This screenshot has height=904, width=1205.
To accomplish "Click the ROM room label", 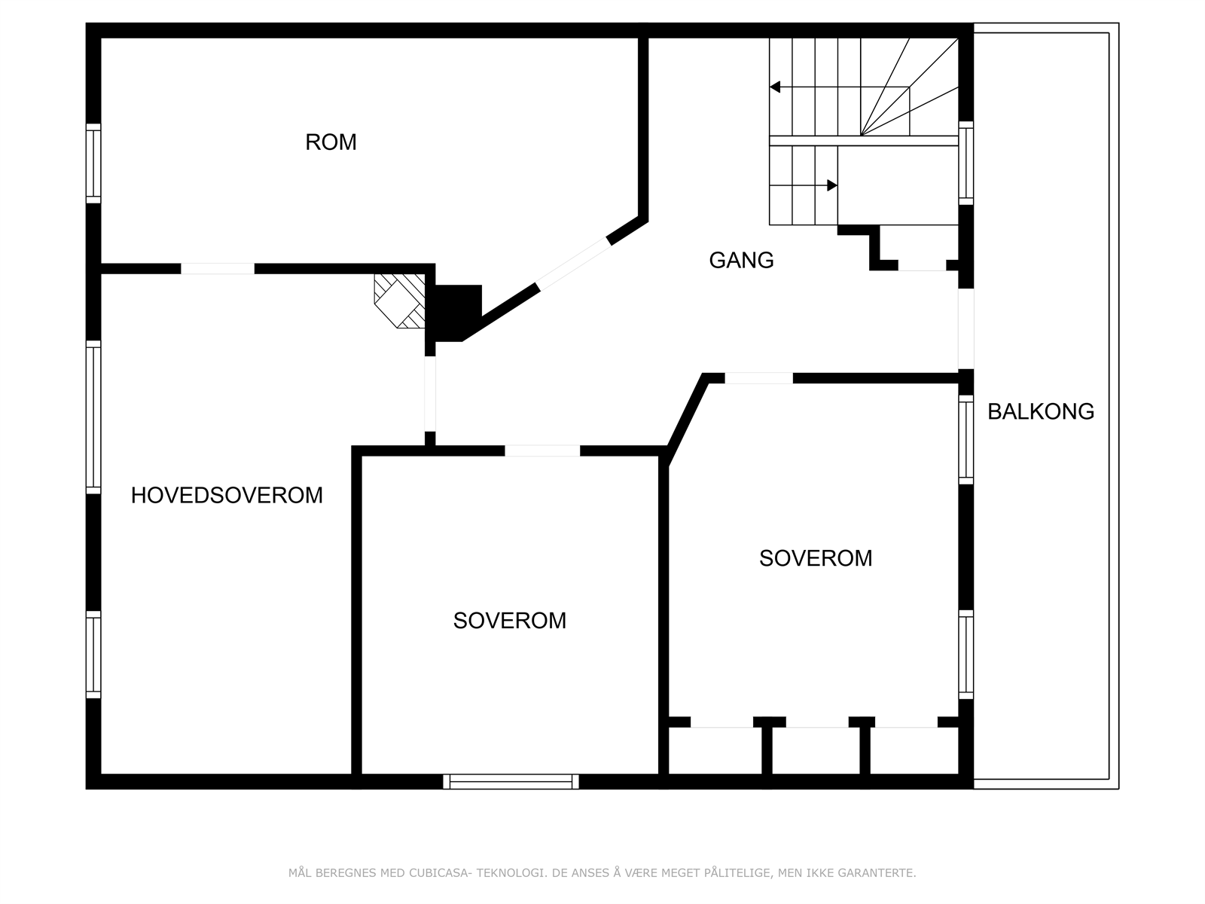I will pyautogui.click(x=331, y=142).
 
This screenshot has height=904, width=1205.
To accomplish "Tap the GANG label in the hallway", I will pyautogui.click(x=741, y=260).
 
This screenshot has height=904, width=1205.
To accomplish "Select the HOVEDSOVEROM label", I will pyautogui.click(x=227, y=495).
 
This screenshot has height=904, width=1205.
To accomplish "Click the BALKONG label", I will pyautogui.click(x=1040, y=411).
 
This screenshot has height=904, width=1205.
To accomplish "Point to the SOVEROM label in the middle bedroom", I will pyautogui.click(x=509, y=621).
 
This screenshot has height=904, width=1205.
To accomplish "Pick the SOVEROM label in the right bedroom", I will pyautogui.click(x=816, y=558).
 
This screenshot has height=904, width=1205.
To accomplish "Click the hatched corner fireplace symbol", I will pyautogui.click(x=399, y=300).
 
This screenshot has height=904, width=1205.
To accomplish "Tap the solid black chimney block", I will pyautogui.click(x=456, y=309).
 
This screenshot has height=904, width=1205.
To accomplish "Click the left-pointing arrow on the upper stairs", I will pyautogui.click(x=775, y=87).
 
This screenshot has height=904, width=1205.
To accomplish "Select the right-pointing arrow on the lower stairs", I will pyautogui.click(x=831, y=185).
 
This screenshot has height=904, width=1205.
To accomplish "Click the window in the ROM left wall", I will pyautogui.click(x=93, y=163).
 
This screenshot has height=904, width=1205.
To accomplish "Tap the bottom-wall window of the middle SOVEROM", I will pyautogui.click(x=511, y=782).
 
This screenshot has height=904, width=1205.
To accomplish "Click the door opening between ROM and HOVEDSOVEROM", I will pyautogui.click(x=218, y=268).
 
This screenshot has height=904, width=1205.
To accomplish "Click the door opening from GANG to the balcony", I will pyautogui.click(x=966, y=329).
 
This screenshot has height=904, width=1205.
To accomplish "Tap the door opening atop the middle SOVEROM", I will pyautogui.click(x=542, y=450).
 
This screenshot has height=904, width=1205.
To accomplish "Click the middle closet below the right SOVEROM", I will pyautogui.click(x=816, y=751).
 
